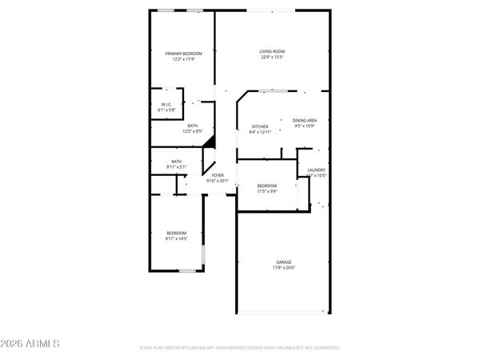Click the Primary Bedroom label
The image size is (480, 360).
(180, 54)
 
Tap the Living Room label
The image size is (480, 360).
(272, 52)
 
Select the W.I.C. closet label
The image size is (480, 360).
(167, 104)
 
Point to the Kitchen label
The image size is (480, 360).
(260, 126)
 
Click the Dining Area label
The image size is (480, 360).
(305, 120)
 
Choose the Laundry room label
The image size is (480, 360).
(315, 170)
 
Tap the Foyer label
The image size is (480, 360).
(218, 175)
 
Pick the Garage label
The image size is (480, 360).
(284, 262)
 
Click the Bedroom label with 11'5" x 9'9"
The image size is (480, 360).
(267, 186)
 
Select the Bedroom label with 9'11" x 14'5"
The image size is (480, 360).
(176, 233)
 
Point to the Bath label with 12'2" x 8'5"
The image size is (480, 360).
(193, 126)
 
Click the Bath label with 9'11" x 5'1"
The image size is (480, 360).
(177, 162)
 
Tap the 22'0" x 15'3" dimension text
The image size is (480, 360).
(272, 58)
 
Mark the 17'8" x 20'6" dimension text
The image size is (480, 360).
(284, 267)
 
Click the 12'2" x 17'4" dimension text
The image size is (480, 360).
(180, 59)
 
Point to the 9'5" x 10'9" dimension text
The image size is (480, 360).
(306, 126)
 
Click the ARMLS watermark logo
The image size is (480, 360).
(30, 343)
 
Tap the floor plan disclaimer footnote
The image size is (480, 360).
(240, 348)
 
